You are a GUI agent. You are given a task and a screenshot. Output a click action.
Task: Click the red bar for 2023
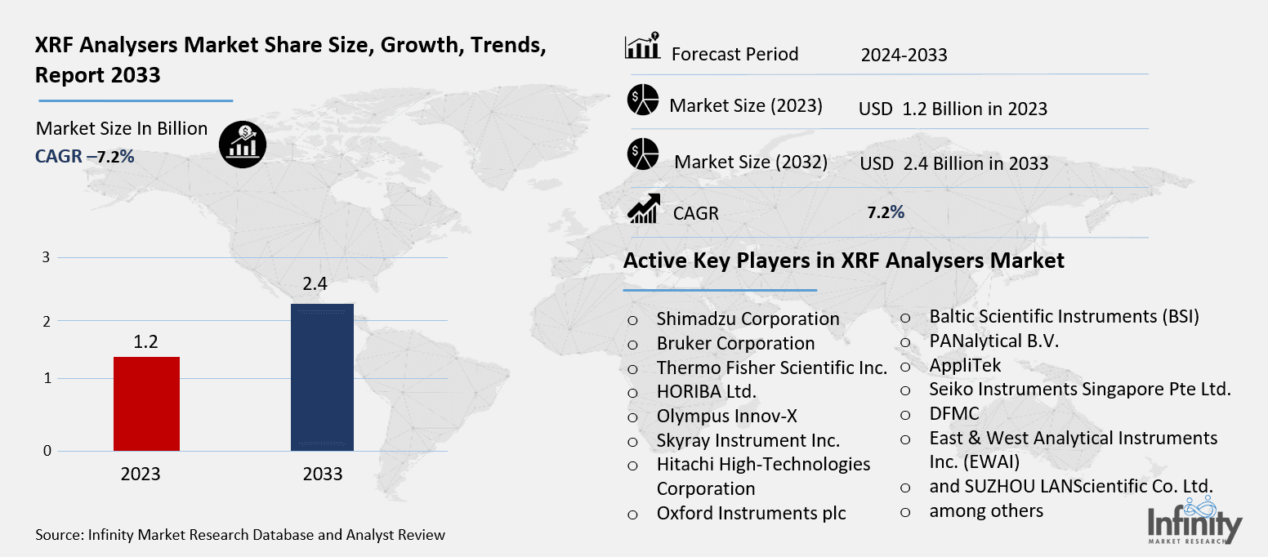(146, 403)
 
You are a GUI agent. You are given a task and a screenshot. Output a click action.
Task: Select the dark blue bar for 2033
(323, 377)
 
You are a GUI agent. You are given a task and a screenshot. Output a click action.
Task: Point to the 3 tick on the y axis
(47, 257)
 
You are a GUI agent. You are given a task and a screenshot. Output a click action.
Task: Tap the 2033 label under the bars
(323, 475)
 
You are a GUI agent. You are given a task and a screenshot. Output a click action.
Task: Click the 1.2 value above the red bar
(145, 341)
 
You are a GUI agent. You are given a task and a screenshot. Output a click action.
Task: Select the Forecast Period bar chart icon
(642, 47)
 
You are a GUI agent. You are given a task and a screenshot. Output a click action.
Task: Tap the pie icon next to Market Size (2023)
(643, 100)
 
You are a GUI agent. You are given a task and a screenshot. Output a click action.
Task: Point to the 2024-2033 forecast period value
(904, 56)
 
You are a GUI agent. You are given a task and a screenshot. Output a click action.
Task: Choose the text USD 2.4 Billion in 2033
(953, 163)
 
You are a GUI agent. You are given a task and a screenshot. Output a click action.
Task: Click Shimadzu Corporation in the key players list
(748, 319)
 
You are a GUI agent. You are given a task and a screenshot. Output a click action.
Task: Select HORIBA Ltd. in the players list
(706, 392)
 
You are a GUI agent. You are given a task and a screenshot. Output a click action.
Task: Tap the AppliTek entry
(965, 365)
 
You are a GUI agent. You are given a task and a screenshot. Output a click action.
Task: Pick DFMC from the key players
(953, 414)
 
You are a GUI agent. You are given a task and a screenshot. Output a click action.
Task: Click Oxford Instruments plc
(751, 514)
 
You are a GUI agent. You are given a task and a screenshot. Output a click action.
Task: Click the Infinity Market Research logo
(1194, 525)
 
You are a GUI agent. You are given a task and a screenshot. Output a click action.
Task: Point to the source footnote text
(240, 536)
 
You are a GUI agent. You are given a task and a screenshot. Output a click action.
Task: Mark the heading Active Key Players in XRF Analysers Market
(843, 261)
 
